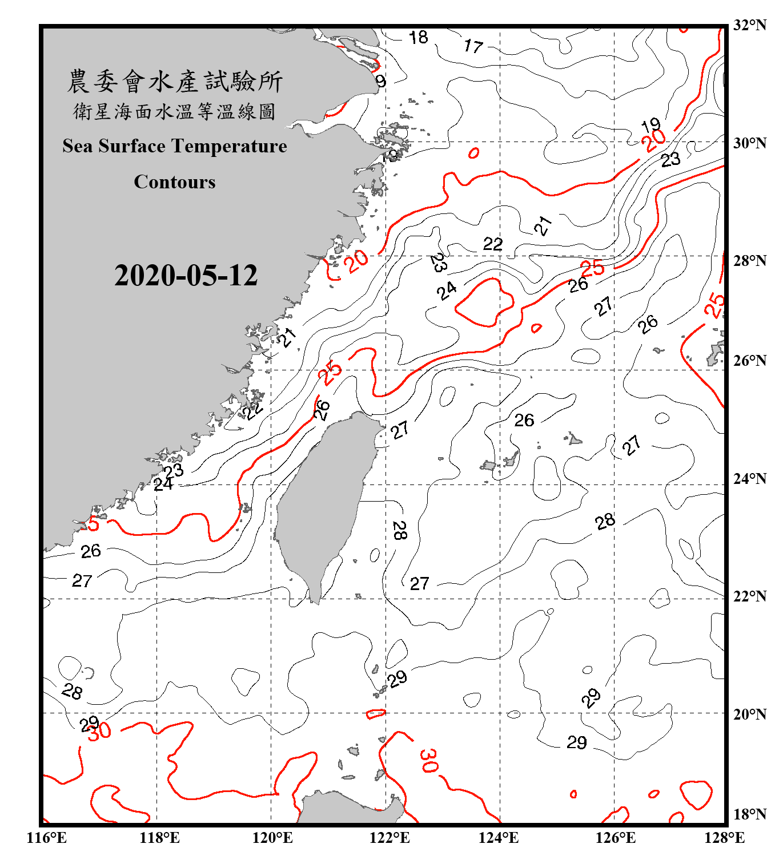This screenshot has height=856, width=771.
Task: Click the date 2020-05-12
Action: pyautogui.click(x=186, y=276)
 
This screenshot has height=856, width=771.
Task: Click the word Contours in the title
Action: pyautogui.click(x=174, y=181)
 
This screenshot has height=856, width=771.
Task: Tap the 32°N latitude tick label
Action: pyautogui.click(x=749, y=25)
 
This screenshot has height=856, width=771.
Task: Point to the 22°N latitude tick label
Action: pyautogui.click(x=749, y=596)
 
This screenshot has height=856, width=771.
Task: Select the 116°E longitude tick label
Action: pyautogui.click(x=46, y=838)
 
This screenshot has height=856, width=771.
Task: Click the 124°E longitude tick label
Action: pyautogui.click(x=499, y=838)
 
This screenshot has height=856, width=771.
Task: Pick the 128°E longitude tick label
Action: pyautogui.click(x=724, y=838)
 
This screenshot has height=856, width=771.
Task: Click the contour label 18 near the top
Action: pyautogui.click(x=419, y=38)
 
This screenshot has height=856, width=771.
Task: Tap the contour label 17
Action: pyautogui.click(x=473, y=46)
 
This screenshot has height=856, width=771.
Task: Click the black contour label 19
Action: pyautogui.click(x=650, y=125)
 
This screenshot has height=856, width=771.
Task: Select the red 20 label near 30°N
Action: pyautogui.click(x=653, y=140)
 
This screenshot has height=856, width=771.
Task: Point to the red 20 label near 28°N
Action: pyautogui.click(x=358, y=261)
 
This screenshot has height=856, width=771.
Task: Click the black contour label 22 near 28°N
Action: pyautogui.click(x=492, y=244)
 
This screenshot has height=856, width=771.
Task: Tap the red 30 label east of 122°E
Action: pyautogui.click(x=428, y=761)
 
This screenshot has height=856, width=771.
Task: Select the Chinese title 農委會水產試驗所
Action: pyautogui.click(x=174, y=81)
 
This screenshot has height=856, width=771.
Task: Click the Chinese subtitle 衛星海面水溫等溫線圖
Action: pyautogui.click(x=174, y=111)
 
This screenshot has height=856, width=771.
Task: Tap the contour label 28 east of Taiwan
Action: pyautogui.click(x=399, y=530)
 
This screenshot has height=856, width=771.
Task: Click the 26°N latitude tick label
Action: pyautogui.click(x=749, y=361)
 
